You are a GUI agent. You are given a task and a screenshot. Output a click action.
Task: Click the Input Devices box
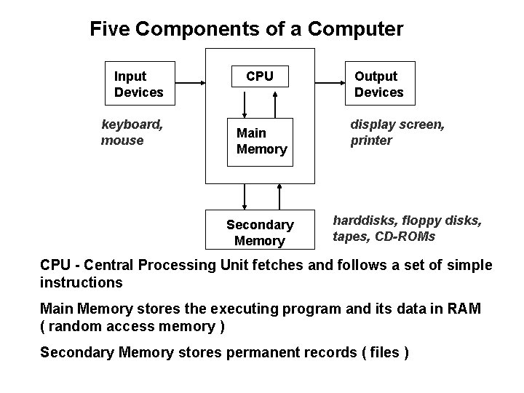(x=140, y=84)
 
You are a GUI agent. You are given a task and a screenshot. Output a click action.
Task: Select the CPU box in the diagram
(x=260, y=76)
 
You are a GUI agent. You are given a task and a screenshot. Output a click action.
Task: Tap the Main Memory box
(x=261, y=141)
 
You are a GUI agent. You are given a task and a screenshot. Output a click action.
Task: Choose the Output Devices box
(x=378, y=84)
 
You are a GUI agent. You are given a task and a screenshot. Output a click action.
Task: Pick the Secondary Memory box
(x=260, y=232)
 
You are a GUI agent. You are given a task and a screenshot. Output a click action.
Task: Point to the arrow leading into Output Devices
(x=330, y=83)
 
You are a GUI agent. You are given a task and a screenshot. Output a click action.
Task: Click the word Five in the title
(x=110, y=29)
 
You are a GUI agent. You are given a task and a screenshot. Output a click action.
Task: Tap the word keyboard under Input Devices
(x=132, y=124)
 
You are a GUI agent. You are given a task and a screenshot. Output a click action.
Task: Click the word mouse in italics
(x=122, y=140)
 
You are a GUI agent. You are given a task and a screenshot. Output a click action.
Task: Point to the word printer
(x=371, y=140)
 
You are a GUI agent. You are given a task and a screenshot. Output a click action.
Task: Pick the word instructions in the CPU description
(x=82, y=282)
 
